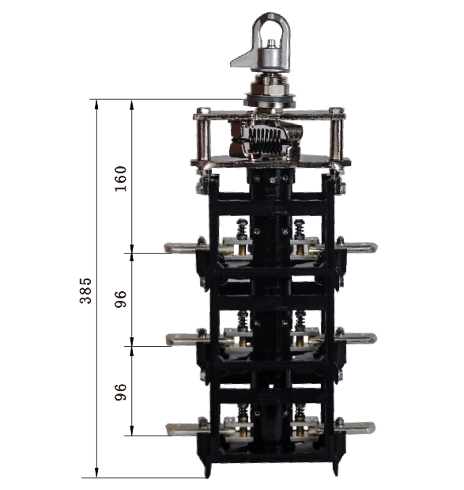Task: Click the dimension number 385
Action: [85, 291]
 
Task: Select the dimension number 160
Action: [121, 179]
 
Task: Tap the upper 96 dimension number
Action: [121, 299]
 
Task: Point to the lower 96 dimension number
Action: [121, 392]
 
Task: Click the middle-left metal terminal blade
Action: [184, 339]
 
